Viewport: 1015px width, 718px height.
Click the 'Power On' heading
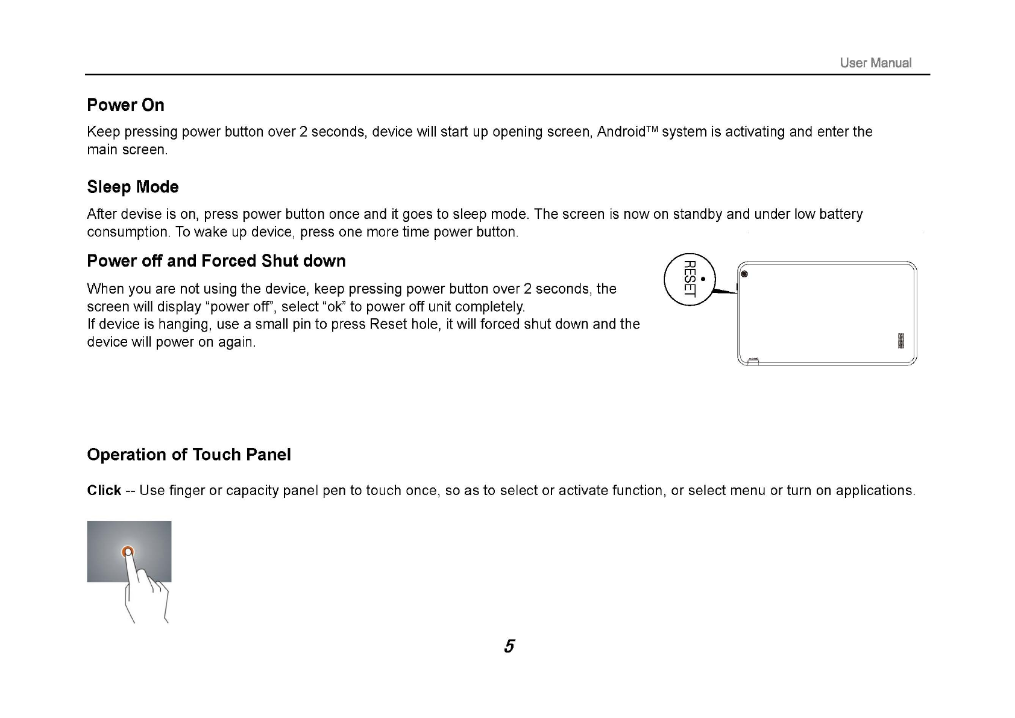(x=125, y=105)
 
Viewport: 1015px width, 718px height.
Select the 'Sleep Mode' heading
(x=133, y=187)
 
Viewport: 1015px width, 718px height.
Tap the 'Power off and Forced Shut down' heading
(x=216, y=261)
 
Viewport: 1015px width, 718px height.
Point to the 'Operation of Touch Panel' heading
(x=189, y=455)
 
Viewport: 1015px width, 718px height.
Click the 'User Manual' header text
(x=875, y=63)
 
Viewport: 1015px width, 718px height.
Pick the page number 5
(x=509, y=646)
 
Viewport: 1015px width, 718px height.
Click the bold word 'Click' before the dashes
(x=104, y=491)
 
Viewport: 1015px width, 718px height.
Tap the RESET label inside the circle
(x=690, y=279)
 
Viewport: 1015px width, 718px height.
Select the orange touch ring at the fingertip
(x=127, y=552)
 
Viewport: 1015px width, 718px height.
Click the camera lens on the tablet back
(x=745, y=274)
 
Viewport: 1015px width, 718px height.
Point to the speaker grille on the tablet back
(x=902, y=341)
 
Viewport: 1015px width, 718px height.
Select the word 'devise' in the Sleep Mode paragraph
(x=141, y=215)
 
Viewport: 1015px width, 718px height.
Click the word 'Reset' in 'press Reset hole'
(x=388, y=324)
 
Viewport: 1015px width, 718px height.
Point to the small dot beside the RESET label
(x=703, y=279)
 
